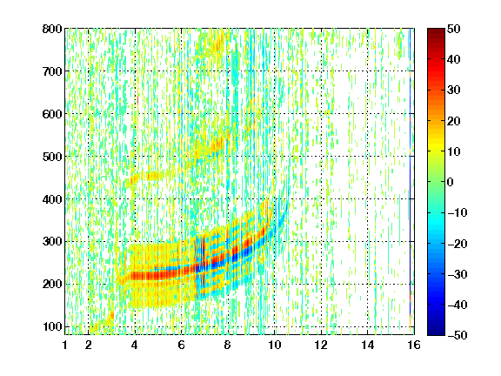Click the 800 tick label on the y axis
tap(52, 29)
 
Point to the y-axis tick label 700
tap(52, 71)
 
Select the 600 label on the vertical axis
tap(52, 114)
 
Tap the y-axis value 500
tap(52, 157)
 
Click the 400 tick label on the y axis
tap(52, 199)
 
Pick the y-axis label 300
tap(52, 242)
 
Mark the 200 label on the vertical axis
tap(52, 285)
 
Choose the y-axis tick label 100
tap(52, 326)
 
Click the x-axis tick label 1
tap(65, 345)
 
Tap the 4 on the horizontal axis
tap(135, 345)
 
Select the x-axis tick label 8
tap(228, 345)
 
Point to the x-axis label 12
tap(321, 345)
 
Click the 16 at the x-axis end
tap(414, 345)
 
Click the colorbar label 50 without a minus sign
tap(454, 29)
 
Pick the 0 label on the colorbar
tap(451, 182)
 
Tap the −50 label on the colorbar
tap(457, 335)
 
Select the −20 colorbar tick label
tap(457, 244)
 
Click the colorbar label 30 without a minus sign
tap(454, 91)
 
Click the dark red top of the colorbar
tap(436, 32)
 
